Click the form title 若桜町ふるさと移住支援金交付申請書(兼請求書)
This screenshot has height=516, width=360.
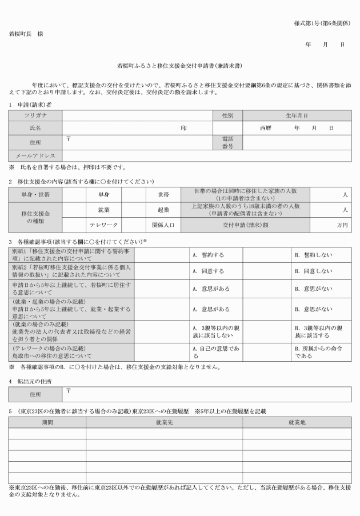point(180,66)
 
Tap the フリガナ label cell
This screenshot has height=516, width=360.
point(35,115)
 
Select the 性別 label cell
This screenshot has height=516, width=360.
point(227,115)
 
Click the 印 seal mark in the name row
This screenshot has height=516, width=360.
point(183,129)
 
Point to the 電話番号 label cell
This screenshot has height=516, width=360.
point(227,142)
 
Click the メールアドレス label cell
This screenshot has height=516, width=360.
point(35,155)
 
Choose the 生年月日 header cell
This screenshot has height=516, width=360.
point(297,115)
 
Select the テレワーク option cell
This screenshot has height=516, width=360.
point(103,225)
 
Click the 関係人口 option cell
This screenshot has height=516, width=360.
point(163,225)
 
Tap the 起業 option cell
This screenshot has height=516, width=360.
point(163,210)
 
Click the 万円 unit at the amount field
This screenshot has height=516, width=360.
point(342,225)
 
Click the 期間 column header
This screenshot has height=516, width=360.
point(47,422)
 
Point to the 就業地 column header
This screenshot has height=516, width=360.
point(297,422)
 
